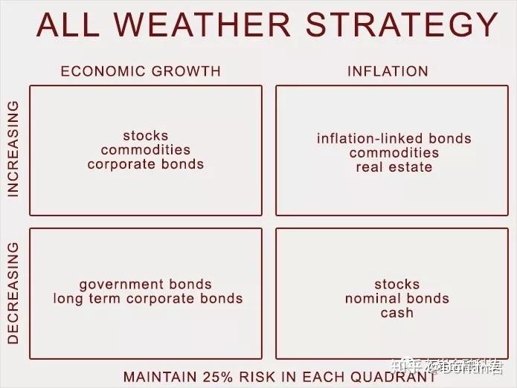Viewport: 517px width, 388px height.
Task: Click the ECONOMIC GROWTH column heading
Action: point(141,71)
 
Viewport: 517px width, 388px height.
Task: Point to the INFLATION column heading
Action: point(388,71)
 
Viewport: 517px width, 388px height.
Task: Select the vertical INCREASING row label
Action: point(12,149)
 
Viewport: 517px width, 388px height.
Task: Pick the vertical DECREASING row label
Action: point(12,293)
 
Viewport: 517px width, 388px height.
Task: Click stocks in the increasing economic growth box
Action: point(146,135)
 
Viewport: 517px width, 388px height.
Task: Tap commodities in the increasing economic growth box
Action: point(146,149)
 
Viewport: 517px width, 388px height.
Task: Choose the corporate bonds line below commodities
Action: point(146,164)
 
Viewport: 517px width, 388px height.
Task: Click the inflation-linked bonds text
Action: point(394,138)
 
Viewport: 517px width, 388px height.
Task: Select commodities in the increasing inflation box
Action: point(394,152)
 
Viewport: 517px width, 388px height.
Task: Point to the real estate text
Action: point(394,166)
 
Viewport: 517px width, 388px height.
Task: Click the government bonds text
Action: point(146,284)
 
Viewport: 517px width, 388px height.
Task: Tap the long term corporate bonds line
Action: point(148,298)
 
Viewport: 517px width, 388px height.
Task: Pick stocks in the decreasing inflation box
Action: point(397,284)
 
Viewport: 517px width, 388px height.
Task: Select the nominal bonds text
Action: point(397,298)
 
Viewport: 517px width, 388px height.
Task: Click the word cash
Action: point(397,312)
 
